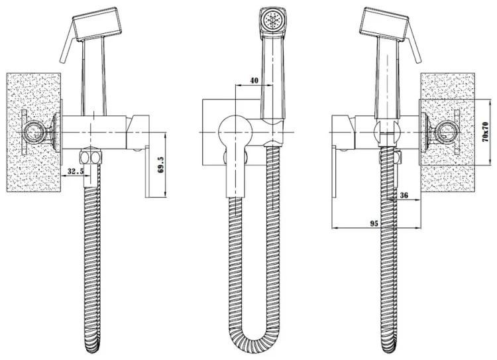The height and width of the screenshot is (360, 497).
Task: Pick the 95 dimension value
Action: tap(374, 224)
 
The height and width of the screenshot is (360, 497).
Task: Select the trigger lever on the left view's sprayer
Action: tap(68, 50)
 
